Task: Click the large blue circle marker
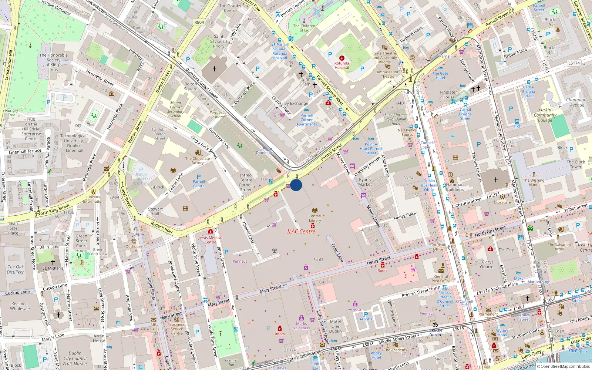[x=296, y=185]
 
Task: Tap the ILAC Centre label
[x=301, y=232]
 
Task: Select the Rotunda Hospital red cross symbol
[x=342, y=58]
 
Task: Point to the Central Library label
[x=315, y=218]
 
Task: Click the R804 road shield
[x=199, y=22]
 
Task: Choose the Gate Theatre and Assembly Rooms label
[x=385, y=58]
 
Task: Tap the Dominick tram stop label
[x=264, y=152]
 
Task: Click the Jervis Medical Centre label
[x=210, y=240]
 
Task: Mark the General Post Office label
[x=441, y=279]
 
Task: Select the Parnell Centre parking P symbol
[x=199, y=177]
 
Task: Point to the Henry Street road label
[x=379, y=260]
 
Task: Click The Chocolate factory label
[x=198, y=161]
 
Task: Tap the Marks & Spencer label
[x=302, y=326]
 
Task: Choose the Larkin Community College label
[x=545, y=115]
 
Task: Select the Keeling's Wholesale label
[x=20, y=306]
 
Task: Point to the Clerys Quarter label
[x=487, y=264]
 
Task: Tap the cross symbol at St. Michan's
[x=53, y=262]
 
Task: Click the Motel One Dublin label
[x=335, y=326]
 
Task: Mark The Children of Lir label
[x=304, y=28]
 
